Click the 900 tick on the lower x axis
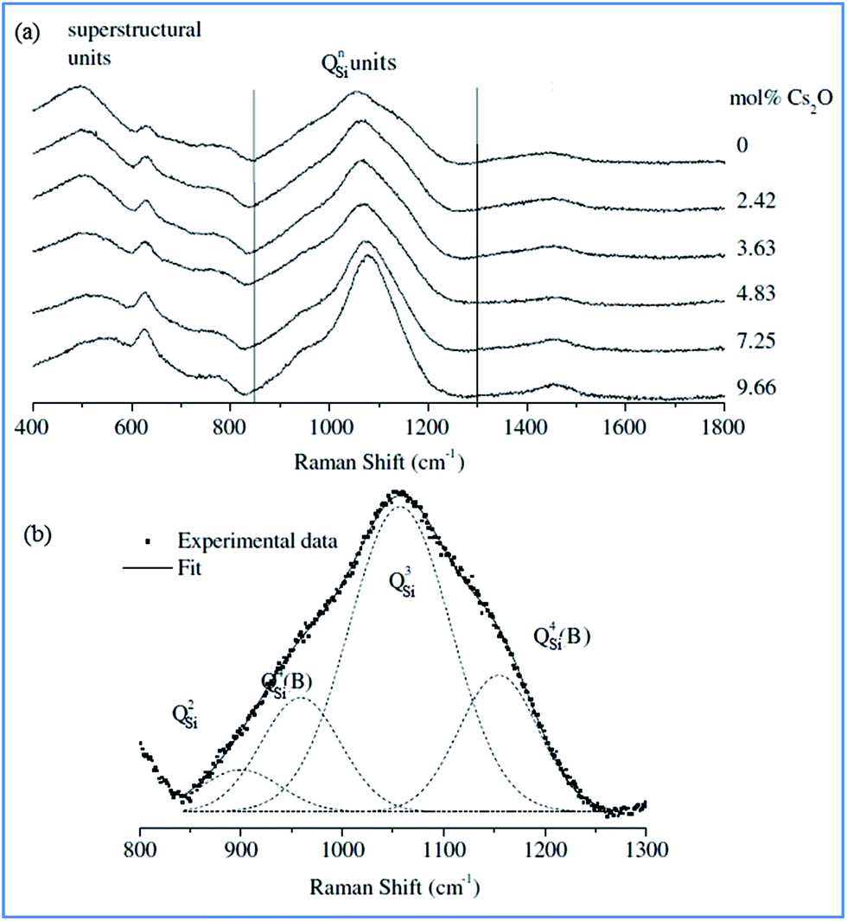pos(241,847)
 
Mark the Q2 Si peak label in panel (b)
pos(185,716)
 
